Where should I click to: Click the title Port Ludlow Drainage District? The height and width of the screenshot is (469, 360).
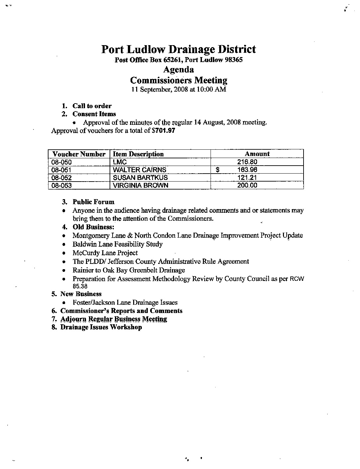coord(178,49)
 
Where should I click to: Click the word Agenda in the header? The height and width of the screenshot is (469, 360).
coord(179,70)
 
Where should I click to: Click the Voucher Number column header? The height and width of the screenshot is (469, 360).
coord(79,154)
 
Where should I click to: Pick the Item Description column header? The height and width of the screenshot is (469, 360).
coord(138,154)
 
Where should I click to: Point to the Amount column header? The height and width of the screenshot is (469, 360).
coord(257,154)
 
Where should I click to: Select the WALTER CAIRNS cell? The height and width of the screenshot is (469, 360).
coord(139,170)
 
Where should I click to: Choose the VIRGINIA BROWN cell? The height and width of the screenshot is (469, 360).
coord(140,185)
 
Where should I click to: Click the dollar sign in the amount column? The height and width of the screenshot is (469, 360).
coord(218,170)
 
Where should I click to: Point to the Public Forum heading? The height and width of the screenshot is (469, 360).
coord(93,202)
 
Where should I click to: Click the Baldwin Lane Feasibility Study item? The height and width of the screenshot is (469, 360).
coord(118,244)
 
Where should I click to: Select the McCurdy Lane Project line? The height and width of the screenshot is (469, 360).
coord(105,253)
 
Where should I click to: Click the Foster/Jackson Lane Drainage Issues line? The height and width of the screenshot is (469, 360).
coord(125,302)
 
